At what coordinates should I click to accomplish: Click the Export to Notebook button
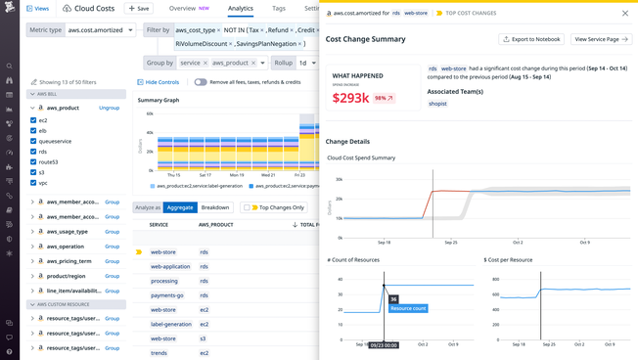click(x=531, y=39)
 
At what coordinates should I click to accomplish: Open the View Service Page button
click(x=602, y=39)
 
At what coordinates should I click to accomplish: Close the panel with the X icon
click(x=625, y=14)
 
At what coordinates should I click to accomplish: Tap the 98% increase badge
click(x=384, y=99)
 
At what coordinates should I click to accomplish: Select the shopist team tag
click(x=437, y=103)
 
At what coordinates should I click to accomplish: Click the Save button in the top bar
click(x=138, y=9)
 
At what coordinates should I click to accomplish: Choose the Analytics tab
click(x=241, y=9)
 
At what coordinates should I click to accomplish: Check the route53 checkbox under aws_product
click(x=33, y=162)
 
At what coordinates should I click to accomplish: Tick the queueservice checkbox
click(x=33, y=141)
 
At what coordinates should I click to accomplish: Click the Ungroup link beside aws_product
click(x=109, y=108)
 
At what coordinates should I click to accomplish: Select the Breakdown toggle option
click(x=215, y=207)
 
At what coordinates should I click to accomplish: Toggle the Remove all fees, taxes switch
click(x=201, y=82)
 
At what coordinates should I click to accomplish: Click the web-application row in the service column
click(x=170, y=266)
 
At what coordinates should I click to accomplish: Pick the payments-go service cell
click(x=167, y=294)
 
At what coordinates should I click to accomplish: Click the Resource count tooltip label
click(x=407, y=308)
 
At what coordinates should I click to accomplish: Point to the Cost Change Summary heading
click(x=365, y=39)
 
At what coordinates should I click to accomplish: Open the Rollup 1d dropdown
click(x=308, y=63)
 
